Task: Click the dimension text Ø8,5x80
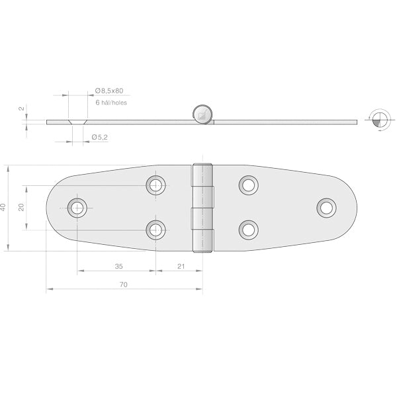coord(109,90)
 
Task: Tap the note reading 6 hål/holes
coord(110,103)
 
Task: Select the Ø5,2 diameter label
coord(100,137)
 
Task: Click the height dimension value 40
coord(5,207)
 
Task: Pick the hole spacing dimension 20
coord(21,207)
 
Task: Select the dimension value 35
coord(118,267)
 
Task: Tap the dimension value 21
coord(181,267)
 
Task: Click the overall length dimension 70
coord(124,285)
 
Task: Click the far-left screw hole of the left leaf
coord(78,207)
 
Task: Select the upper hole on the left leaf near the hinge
coord(156,185)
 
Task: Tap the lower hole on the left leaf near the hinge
coord(156,230)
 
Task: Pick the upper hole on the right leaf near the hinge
coord(248,185)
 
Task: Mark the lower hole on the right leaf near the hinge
coord(248,230)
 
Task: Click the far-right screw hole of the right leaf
coord(326,207)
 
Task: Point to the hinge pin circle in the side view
coord(202,114)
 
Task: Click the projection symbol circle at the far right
coord(378,120)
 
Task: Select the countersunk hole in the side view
coord(77,122)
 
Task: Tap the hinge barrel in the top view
coord(203,208)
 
